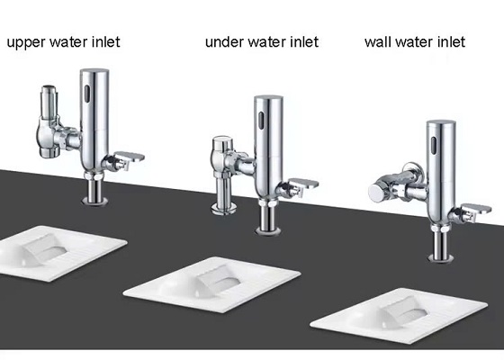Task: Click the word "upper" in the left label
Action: pyautogui.click(x=26, y=42)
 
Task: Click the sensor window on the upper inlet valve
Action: pyautogui.click(x=87, y=92)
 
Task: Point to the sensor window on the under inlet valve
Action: pyautogui.click(x=262, y=119)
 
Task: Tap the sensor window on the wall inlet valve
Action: pyautogui.click(x=434, y=145)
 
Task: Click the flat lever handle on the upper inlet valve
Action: pyautogui.click(x=130, y=157)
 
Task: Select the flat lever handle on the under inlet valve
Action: pyautogui.click(x=304, y=184)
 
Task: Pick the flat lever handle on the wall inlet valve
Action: pyautogui.click(x=476, y=209)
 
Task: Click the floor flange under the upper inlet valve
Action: pyautogui.click(x=94, y=202)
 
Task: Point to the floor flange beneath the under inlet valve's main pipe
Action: pyautogui.click(x=268, y=230)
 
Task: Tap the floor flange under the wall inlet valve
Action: pyautogui.click(x=441, y=257)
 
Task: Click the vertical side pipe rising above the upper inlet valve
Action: pyautogui.click(x=49, y=103)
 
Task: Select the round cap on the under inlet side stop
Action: pyautogui.click(x=223, y=142)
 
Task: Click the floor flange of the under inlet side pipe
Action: pyautogui.click(x=224, y=209)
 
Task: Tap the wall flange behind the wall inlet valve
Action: pyautogui.click(x=414, y=168)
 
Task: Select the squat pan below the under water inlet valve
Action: pyautogui.click(x=212, y=284)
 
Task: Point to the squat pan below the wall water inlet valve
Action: pyautogui.click(x=399, y=316)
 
